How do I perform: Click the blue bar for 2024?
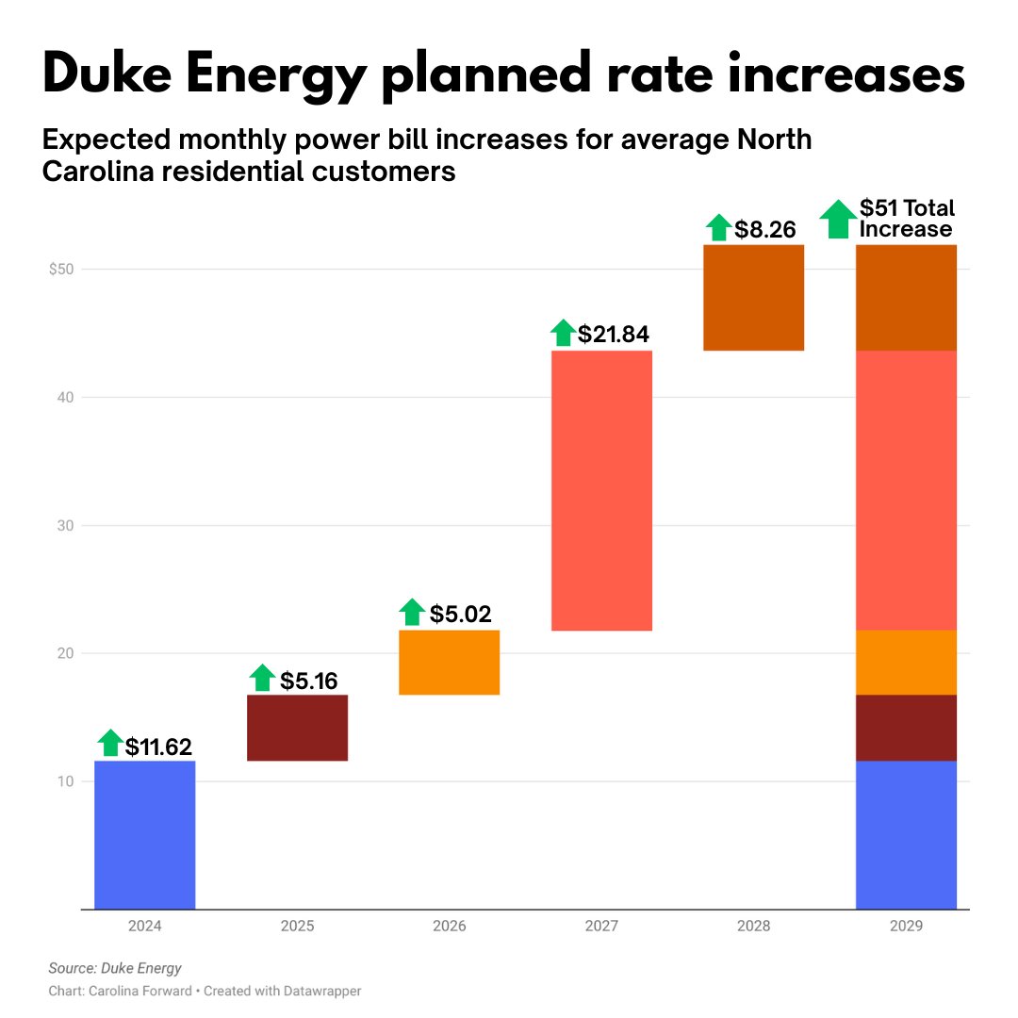click(144, 834)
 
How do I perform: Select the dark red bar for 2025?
click(297, 728)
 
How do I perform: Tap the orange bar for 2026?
click(449, 663)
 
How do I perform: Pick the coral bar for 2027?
click(601, 490)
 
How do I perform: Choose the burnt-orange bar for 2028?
click(753, 298)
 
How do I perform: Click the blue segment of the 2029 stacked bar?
click(906, 834)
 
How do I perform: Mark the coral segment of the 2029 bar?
click(906, 490)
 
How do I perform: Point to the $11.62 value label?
click(158, 747)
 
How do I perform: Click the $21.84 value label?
click(614, 334)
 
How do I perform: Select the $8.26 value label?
click(765, 228)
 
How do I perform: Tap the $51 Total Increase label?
click(907, 219)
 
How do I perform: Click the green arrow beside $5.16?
click(263, 678)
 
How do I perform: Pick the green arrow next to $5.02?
click(412, 613)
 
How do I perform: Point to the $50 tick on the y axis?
click(61, 270)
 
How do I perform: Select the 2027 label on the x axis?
click(601, 927)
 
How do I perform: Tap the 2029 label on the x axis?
click(906, 927)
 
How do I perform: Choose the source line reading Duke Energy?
click(115, 968)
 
